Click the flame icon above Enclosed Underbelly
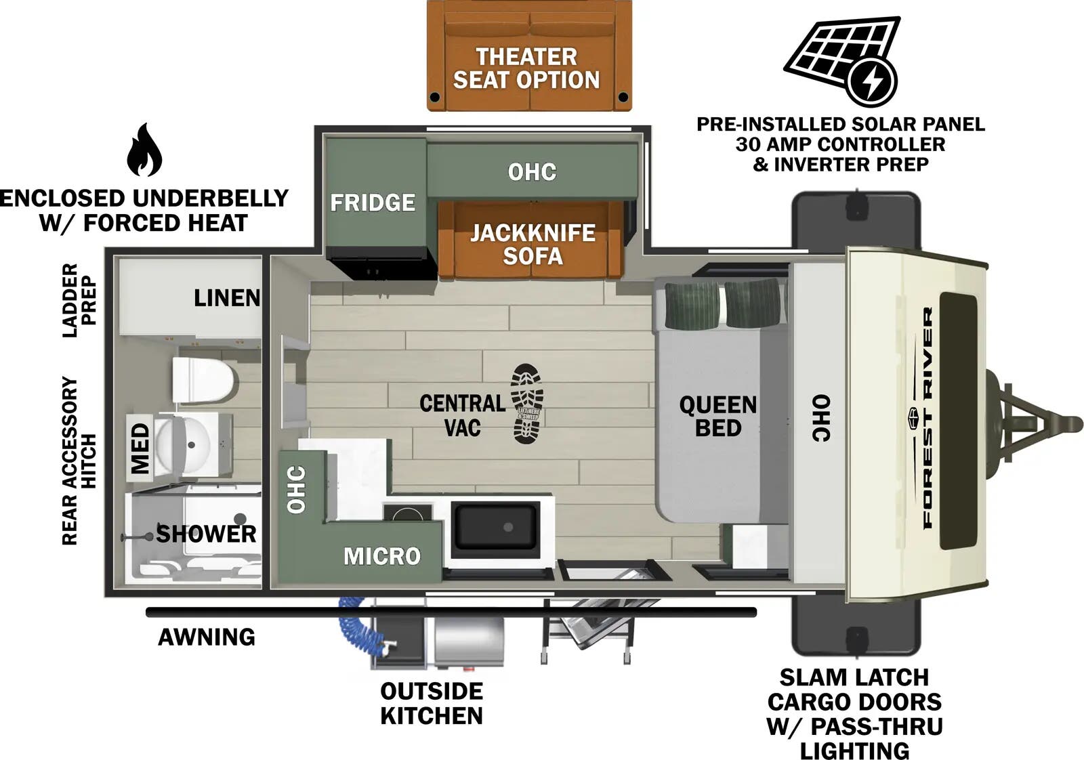(144, 150)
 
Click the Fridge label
(373, 203)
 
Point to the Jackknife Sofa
(533, 244)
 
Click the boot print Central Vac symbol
(528, 404)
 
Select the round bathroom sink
(187, 444)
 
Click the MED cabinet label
(140, 448)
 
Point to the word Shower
(206, 534)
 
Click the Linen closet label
(226, 297)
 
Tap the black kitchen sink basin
(496, 526)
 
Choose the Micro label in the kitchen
(382, 556)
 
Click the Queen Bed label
(717, 416)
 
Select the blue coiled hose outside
(360, 627)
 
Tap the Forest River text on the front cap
(927, 417)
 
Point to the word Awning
(207, 637)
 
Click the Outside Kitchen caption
(432, 703)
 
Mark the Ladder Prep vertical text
(79, 301)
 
